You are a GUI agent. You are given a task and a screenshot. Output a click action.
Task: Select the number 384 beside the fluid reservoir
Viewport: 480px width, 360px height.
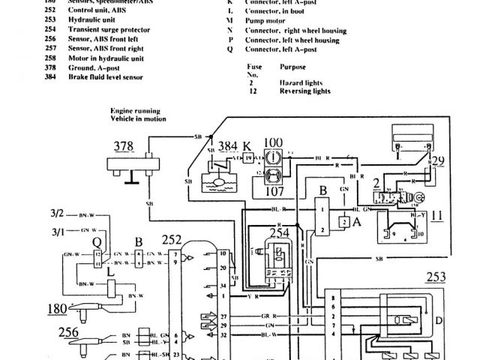(x=225, y=145)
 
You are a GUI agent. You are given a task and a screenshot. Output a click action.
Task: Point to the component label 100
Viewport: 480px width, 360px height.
(x=274, y=141)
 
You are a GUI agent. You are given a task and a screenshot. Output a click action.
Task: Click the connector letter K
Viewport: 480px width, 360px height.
(x=245, y=145)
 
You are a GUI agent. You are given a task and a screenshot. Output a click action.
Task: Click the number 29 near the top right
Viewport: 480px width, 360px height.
(x=437, y=160)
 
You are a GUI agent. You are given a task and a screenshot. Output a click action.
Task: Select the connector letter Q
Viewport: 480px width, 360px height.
(x=96, y=242)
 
